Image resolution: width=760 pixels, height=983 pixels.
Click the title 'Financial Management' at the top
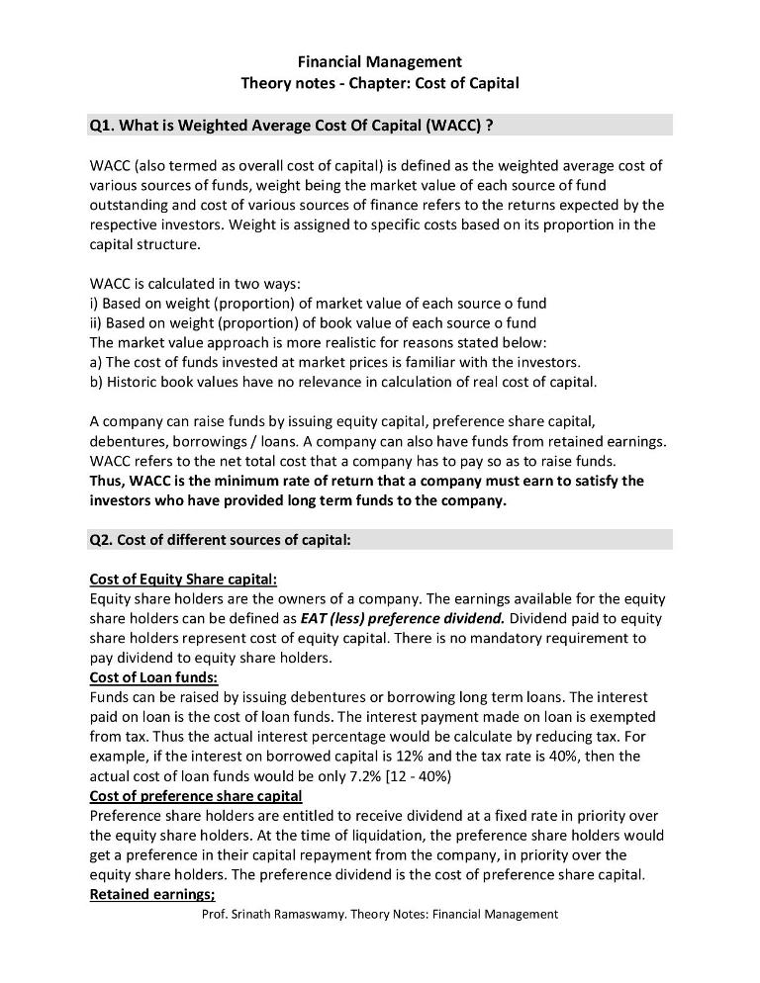(380, 62)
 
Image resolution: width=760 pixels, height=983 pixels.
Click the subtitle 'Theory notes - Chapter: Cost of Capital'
(380, 83)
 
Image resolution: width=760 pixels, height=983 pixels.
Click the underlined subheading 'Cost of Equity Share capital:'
(183, 579)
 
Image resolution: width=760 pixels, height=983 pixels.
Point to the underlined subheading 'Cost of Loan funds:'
(153, 677)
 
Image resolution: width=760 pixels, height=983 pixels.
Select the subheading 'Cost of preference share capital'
(195, 796)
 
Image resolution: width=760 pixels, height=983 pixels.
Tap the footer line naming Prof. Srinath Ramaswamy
(380, 915)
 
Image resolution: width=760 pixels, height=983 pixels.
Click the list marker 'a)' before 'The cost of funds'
(96, 362)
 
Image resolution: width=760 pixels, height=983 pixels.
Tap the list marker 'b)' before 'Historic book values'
(96, 382)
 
